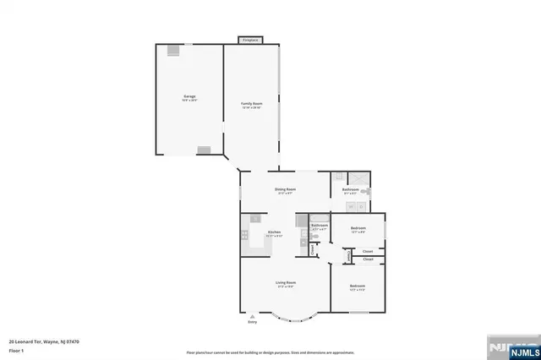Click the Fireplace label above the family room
point(250,40)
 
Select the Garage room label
point(190,97)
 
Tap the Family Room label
point(252,104)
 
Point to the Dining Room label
point(285,189)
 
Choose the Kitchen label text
point(274,232)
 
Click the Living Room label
point(285,282)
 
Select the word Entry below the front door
point(252,323)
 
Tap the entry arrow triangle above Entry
point(252,316)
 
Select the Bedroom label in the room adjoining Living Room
point(357,286)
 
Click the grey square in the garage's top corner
point(173,50)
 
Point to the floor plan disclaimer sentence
point(270,352)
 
